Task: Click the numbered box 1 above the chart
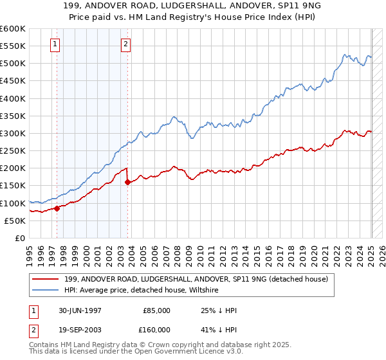[55, 44]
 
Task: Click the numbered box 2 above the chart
[125, 44]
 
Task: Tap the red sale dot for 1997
[57, 208]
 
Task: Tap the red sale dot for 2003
[127, 182]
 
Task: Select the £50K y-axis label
[15, 221]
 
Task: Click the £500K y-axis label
[13, 63]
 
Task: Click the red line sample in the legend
[47, 279]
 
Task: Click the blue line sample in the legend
[47, 290]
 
